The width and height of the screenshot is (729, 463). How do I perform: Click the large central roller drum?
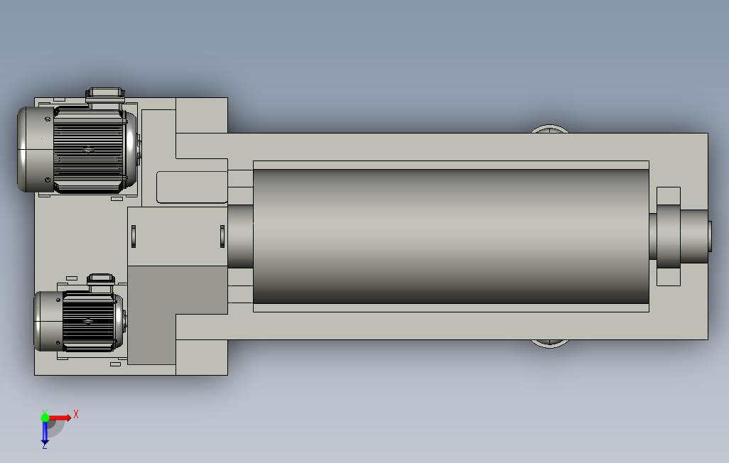click(x=451, y=236)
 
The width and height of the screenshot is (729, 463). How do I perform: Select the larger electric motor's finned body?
click(x=88, y=150)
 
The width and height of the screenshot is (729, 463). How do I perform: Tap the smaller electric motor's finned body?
click(x=88, y=321)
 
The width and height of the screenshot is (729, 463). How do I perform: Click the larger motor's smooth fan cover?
click(x=36, y=149)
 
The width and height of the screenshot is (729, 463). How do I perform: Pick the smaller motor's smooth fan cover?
click(x=48, y=321)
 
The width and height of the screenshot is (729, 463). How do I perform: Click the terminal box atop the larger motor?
click(x=106, y=97)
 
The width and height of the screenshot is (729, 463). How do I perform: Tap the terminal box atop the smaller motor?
click(x=101, y=280)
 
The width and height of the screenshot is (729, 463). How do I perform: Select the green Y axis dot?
click(x=45, y=418)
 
